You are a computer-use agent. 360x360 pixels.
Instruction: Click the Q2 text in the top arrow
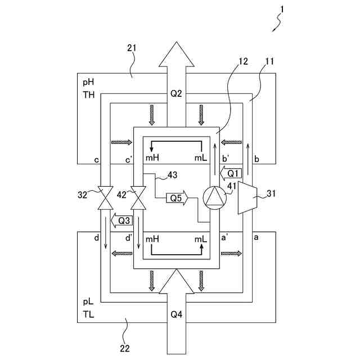pos(176,94)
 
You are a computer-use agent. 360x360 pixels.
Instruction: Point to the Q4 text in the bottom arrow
pos(176,314)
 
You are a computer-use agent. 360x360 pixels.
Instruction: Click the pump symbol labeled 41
pos(214,198)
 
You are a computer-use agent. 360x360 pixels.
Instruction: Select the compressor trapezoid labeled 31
pos(247,197)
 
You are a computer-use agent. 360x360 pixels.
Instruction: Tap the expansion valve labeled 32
pos(105,197)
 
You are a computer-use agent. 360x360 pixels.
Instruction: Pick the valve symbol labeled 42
pos(138,197)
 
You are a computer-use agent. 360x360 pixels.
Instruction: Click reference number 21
pos(132,48)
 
